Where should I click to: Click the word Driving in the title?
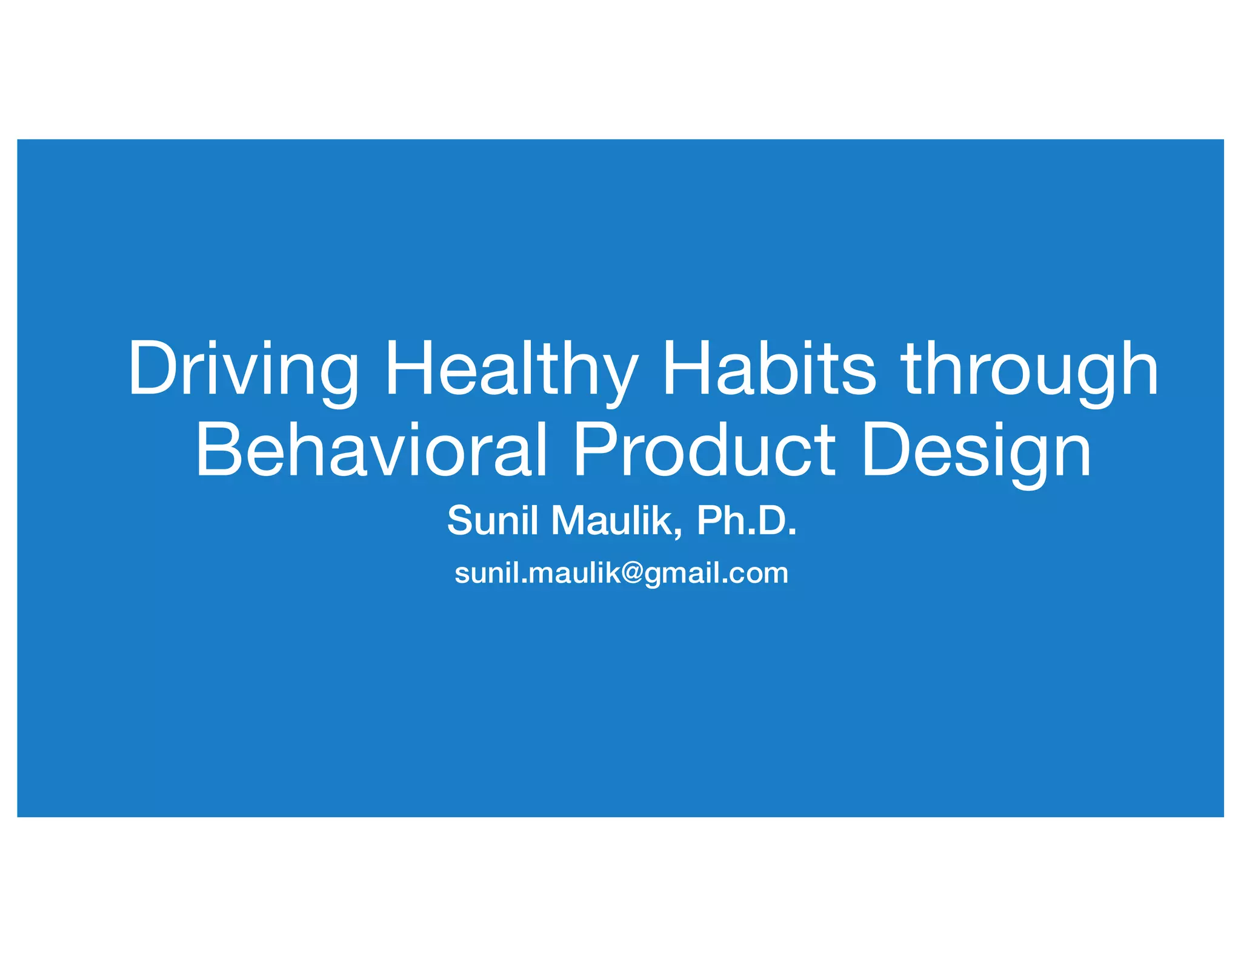pyautogui.click(x=244, y=371)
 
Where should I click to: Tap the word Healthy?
pyautogui.click(x=511, y=371)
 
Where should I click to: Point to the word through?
pyautogui.click(x=1030, y=371)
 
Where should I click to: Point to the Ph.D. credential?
pyautogui.click(x=747, y=520)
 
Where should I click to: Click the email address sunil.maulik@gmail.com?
pyautogui.click(x=621, y=573)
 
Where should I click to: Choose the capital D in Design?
pyautogui.click(x=888, y=449)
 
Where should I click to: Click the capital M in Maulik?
pyautogui.click(x=570, y=520)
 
